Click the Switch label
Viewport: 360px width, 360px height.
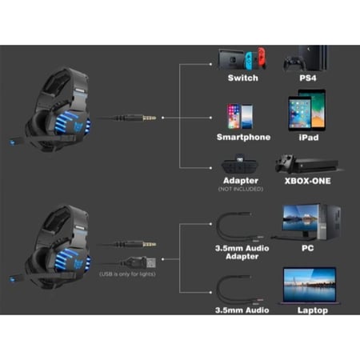(243, 78)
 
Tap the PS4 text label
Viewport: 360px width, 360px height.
(308, 78)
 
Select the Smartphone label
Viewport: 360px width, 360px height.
(243, 137)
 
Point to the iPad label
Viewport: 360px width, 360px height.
(309, 138)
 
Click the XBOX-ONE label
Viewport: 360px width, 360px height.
(308, 181)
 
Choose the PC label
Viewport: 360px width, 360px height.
(307, 248)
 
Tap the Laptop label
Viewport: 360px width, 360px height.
(313, 310)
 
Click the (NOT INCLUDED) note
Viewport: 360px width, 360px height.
(241, 189)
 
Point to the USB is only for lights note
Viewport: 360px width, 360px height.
(127, 274)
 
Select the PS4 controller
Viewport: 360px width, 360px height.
(294, 64)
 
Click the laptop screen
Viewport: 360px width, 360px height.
(310, 285)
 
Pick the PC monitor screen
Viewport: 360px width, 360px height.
(300, 218)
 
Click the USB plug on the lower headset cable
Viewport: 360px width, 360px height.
(150, 263)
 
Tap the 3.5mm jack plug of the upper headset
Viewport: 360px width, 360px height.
(150, 118)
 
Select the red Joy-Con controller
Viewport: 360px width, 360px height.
(262, 58)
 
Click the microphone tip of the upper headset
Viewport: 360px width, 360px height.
(13, 142)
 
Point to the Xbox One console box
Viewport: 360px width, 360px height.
(316, 165)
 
